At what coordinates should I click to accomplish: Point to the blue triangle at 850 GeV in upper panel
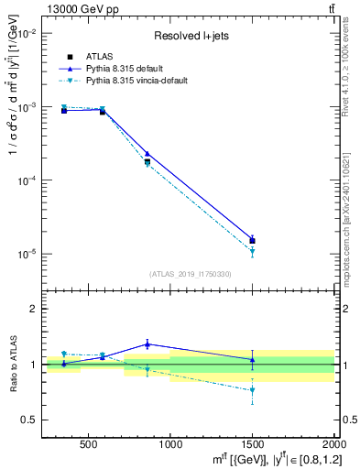tap(147, 154)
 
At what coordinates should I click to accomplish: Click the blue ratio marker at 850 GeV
tap(147, 344)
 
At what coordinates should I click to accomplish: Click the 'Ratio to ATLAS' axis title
tap(12, 365)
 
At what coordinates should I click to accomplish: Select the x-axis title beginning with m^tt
tap(266, 458)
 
